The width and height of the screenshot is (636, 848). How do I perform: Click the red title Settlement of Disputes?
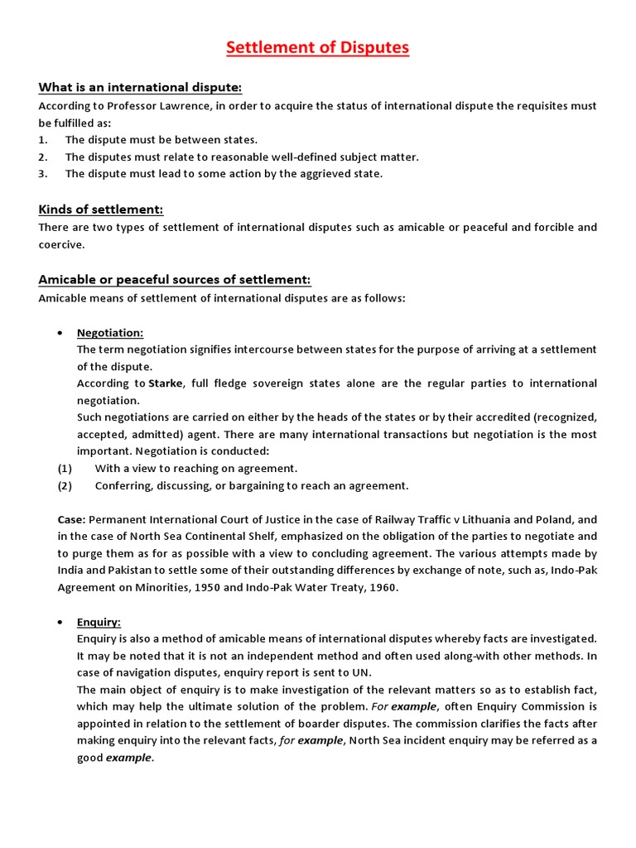pyautogui.click(x=318, y=48)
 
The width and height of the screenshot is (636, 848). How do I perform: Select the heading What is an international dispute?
pyautogui.click(x=140, y=88)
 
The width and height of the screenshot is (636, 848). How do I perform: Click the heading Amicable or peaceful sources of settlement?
pyautogui.click(x=174, y=279)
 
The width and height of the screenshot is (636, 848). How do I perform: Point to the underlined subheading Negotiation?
pyautogui.click(x=110, y=333)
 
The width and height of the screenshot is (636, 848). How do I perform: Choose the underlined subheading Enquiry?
pyautogui.click(x=99, y=622)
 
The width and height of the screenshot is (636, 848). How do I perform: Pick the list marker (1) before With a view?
pyautogui.click(x=65, y=469)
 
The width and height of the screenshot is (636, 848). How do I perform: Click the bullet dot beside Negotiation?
pyautogui.click(x=60, y=333)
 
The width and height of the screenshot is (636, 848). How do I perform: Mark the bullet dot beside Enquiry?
pyautogui.click(x=60, y=622)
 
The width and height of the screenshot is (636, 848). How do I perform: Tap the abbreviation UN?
pyautogui.click(x=364, y=672)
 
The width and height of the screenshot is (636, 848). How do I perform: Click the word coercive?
pyautogui.click(x=60, y=244)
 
